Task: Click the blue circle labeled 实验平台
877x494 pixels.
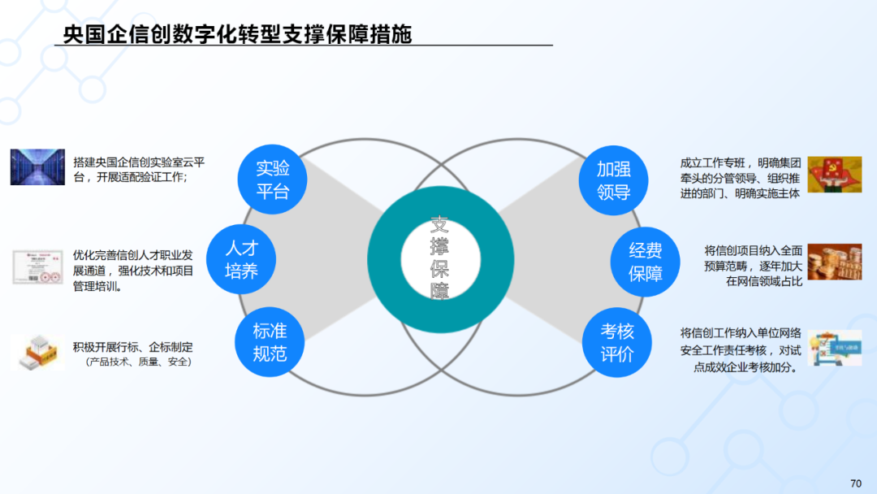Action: pos(273,180)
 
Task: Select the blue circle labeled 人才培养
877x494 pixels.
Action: pos(241,259)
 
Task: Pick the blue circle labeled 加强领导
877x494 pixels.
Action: pos(613,180)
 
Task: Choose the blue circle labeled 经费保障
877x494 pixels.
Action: pos(646,262)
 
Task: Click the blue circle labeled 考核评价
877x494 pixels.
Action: pos(616,343)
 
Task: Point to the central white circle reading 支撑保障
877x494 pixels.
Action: pos(439,258)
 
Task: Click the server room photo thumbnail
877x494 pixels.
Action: pos(37,167)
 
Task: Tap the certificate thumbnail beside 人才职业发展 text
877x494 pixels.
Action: pos(37,266)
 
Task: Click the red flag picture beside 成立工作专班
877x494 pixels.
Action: pos(834,174)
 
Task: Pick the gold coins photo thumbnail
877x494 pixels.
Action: pos(834,262)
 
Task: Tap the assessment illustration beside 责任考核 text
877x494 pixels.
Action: pos(834,348)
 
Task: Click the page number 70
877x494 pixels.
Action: pos(856,483)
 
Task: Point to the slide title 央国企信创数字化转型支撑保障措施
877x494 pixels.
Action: pos(238,34)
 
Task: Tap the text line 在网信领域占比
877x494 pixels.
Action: pos(764,281)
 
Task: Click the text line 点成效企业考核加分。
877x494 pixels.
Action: pos(745,366)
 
